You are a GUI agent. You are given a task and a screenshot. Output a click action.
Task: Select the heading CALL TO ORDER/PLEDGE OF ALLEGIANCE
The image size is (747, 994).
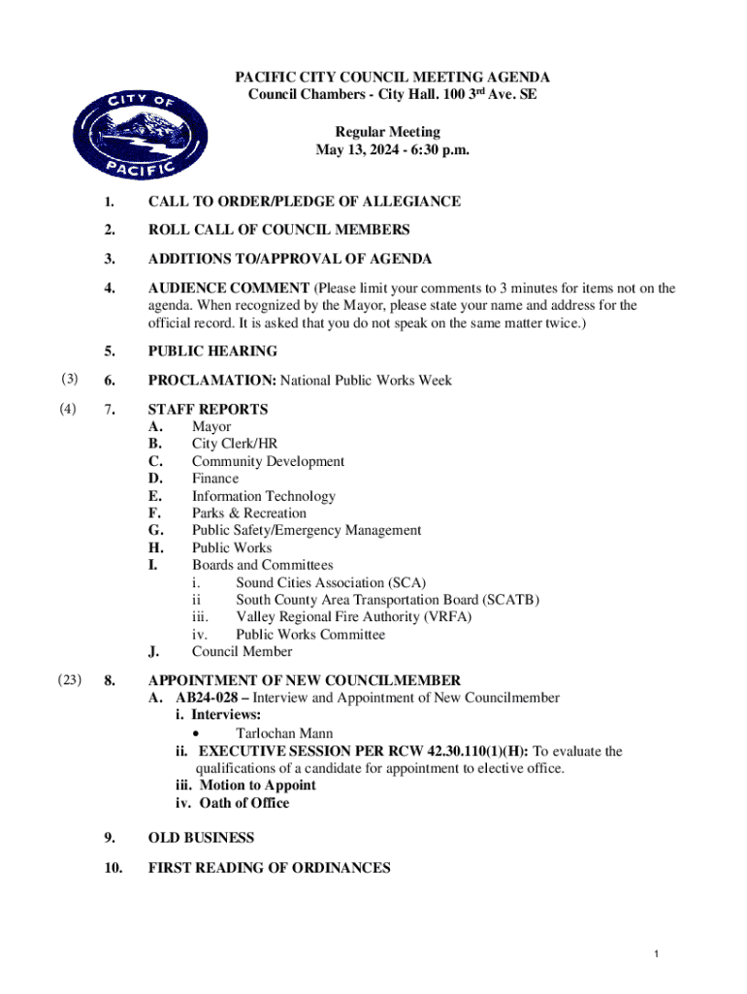[304, 202]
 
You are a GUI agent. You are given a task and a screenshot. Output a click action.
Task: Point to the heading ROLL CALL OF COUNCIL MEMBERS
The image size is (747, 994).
[278, 230]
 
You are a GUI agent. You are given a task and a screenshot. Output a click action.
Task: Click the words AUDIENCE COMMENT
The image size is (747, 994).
[228, 288]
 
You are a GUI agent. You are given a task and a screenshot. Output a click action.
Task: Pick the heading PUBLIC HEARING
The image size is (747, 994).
[212, 351]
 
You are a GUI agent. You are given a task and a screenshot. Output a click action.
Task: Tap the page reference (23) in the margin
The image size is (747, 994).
[70, 680]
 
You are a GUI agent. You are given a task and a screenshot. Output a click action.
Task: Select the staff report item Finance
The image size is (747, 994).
[214, 479]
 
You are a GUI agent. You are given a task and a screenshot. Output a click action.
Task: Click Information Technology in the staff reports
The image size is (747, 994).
[263, 496]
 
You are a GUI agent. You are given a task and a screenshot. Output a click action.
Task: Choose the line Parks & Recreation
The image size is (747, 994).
[248, 514]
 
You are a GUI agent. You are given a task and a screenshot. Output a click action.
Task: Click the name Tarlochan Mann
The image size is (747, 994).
[284, 734]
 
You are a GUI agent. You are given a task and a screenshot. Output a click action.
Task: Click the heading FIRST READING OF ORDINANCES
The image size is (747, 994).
[269, 868]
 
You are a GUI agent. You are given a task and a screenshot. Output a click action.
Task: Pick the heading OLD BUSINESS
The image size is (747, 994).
[201, 838]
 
